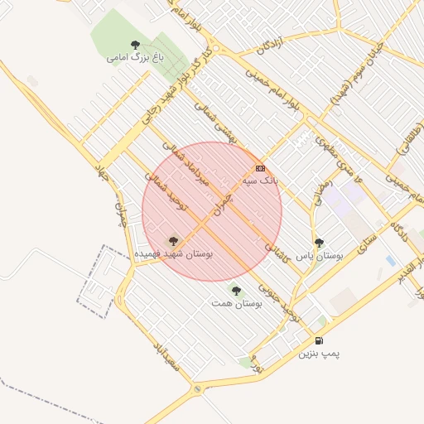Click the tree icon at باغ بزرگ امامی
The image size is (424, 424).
[x=135, y=45]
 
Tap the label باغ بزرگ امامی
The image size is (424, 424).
[x=136, y=58]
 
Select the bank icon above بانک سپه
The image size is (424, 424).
[x=260, y=168]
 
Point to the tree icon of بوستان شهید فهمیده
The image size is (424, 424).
[x=173, y=242]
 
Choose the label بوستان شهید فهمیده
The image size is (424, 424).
[x=174, y=254]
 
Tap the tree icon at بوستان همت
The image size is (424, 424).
[x=236, y=291]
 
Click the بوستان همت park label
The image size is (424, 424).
[x=236, y=304]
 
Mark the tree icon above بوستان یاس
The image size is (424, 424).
[x=319, y=243]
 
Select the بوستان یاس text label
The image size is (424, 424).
[x=319, y=256]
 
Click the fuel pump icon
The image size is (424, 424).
[x=319, y=340]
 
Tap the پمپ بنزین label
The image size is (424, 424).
[x=320, y=353]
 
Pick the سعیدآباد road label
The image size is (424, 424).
[x=166, y=354]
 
